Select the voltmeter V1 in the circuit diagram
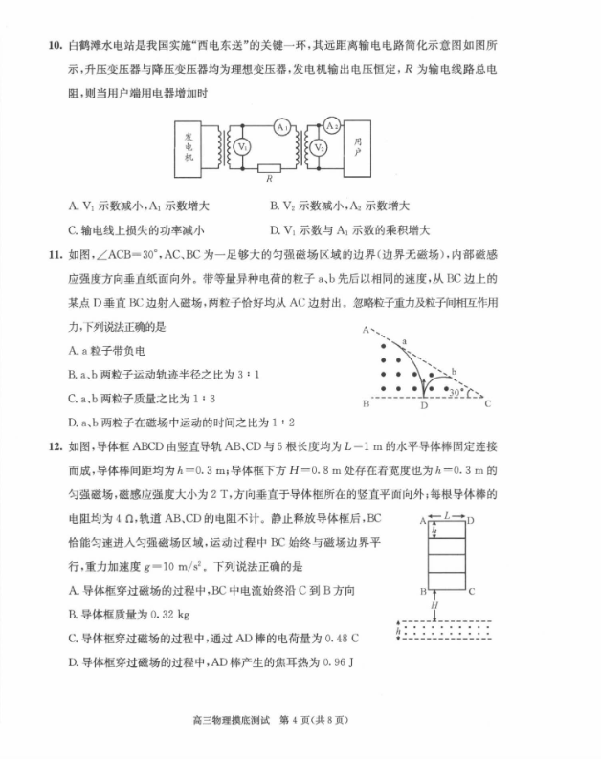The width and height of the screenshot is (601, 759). [243, 147]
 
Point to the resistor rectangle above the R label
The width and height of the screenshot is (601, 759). [271, 169]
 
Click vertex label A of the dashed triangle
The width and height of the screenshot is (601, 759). [366, 330]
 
